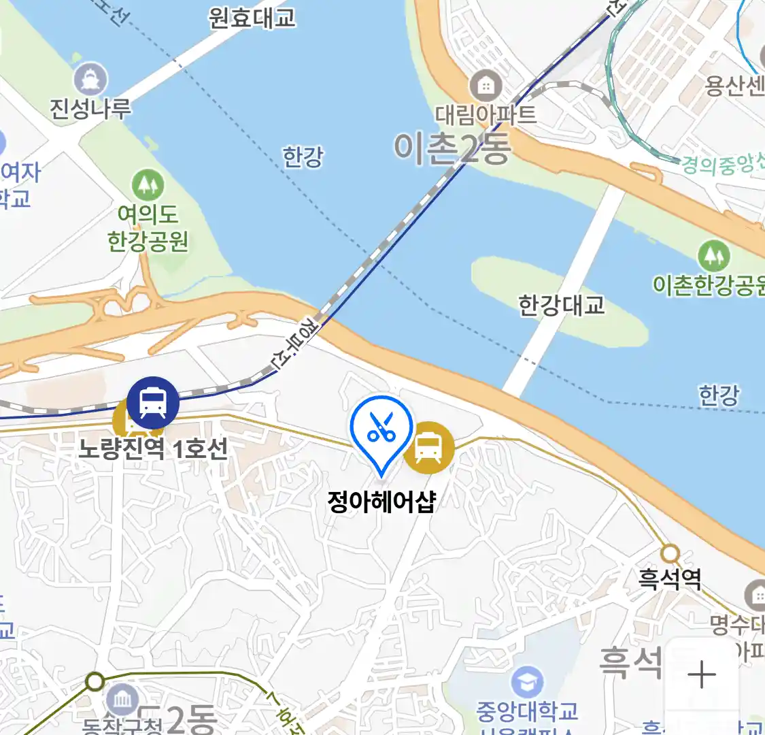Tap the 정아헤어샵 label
(x=381, y=502)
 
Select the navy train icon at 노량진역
(x=153, y=403)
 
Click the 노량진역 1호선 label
(x=152, y=449)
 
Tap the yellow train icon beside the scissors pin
(x=428, y=447)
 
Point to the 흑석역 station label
(x=669, y=579)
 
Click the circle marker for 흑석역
(x=670, y=553)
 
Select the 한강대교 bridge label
(x=561, y=305)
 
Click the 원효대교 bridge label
(x=252, y=17)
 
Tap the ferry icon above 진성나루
(x=90, y=79)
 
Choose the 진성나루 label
(x=90, y=108)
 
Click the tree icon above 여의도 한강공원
(x=148, y=184)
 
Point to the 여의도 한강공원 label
(x=148, y=228)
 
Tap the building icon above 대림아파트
(x=486, y=86)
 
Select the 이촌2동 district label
(x=452, y=148)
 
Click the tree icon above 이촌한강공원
(x=713, y=256)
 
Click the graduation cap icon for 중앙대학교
(x=527, y=682)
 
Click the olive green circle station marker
(x=95, y=681)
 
